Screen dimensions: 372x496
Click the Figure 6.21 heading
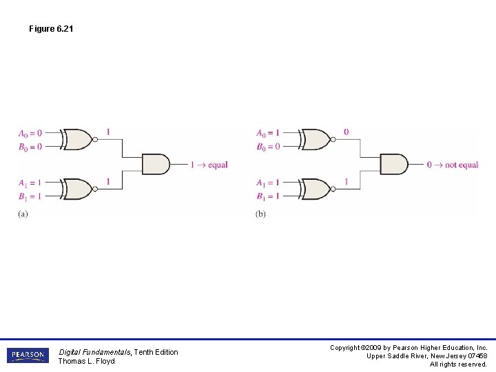tap(51, 29)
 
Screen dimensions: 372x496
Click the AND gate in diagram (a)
tap(156, 165)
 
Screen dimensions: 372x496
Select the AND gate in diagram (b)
tap(394, 165)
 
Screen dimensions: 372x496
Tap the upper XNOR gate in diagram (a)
tap(78, 139)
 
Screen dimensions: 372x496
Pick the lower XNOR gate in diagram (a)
tap(78, 189)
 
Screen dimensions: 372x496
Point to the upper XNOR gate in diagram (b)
tap(316, 139)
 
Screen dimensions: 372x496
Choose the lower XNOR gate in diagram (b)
tap(316, 189)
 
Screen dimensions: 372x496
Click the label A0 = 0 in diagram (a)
tap(30, 133)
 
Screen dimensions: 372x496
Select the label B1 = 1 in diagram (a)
tap(30, 196)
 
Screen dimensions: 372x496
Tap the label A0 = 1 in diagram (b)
tap(268, 133)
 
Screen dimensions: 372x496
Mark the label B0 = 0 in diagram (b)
tap(268, 147)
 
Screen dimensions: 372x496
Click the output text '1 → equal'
tap(209, 165)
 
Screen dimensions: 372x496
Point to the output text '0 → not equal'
tap(452, 165)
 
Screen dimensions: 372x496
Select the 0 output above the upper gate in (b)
tap(346, 132)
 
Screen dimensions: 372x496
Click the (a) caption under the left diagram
tap(23, 214)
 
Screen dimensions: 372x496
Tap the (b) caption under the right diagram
tap(260, 214)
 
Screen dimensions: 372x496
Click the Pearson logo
tap(28, 355)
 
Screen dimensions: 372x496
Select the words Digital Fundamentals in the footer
tap(95, 352)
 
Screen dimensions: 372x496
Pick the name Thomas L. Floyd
tap(86, 362)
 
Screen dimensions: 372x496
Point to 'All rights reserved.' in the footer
tap(458, 364)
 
